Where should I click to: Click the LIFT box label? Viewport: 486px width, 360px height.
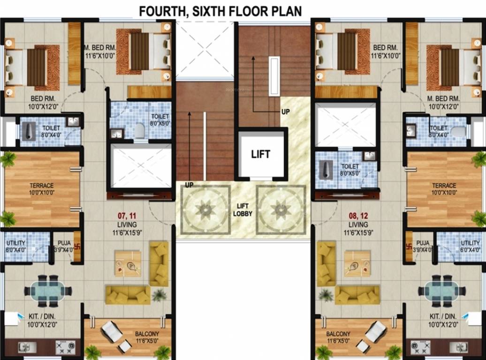[261, 154]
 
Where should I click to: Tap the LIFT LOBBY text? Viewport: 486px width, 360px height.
[243, 210]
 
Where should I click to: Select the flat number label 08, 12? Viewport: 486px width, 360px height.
[357, 216]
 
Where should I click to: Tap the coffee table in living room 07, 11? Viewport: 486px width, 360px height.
[128, 263]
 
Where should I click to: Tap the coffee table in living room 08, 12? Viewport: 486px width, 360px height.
[358, 263]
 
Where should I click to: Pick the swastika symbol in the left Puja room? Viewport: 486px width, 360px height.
[77, 244]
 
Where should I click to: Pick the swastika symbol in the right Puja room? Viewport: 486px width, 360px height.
[409, 244]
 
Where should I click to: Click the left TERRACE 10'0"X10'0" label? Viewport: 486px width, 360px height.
[42, 189]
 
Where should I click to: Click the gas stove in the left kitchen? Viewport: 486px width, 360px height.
[65, 347]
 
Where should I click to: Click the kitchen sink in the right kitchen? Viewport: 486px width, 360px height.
[458, 347]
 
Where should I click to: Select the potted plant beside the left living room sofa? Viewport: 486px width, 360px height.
[159, 295]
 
